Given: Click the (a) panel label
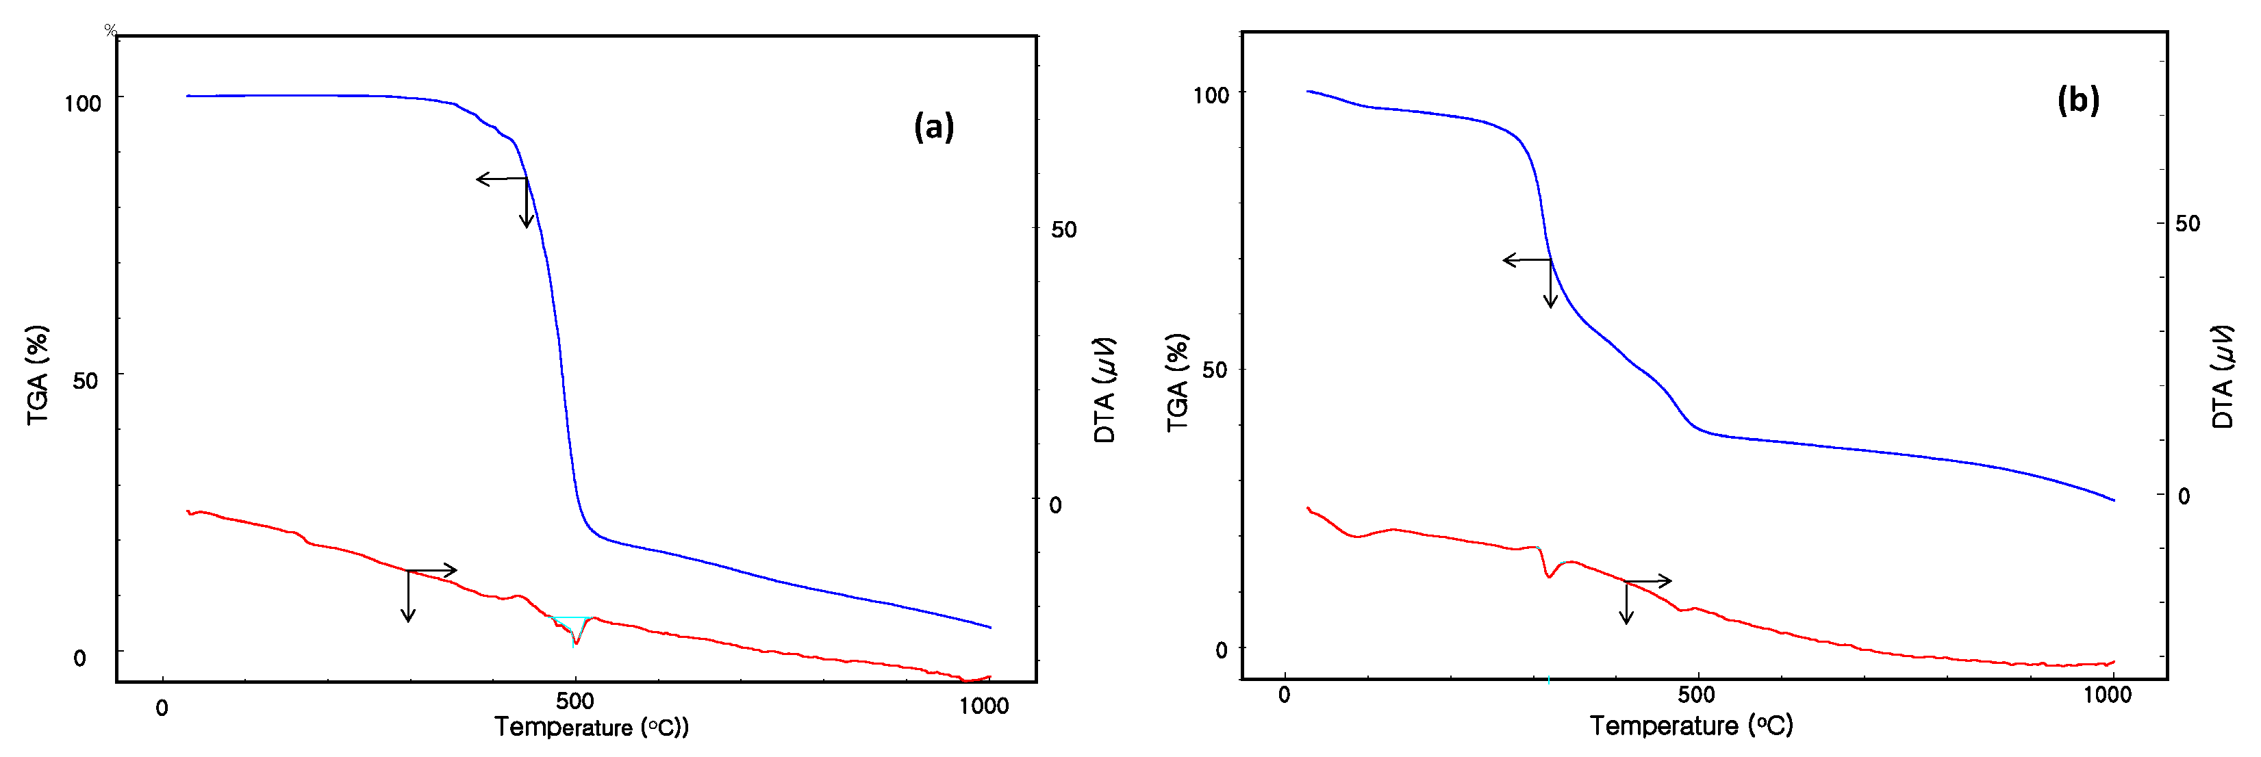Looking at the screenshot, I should (933, 127).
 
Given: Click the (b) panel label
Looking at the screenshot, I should (2077, 100).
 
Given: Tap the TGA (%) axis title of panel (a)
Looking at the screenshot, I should (38, 376).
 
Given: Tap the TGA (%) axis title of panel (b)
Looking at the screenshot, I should (1177, 383).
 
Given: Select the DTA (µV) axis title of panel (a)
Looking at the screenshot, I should (1105, 390).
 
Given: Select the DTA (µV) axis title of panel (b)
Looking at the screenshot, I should (2221, 377).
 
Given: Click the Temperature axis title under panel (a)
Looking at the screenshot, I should (591, 727).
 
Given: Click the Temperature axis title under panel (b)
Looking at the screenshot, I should (1691, 726).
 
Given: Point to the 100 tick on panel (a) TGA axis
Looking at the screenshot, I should (82, 103).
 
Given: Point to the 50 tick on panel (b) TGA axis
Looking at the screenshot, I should (1214, 370).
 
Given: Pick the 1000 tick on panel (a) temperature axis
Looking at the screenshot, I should (983, 706).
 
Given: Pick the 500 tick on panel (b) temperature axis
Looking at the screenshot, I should (1695, 695).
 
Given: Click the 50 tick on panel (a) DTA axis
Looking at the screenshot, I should (1063, 230).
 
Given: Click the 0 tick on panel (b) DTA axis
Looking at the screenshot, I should (2184, 496).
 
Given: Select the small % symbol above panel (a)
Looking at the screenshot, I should (110, 31).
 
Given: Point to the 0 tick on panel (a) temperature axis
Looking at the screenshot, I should (162, 708).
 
